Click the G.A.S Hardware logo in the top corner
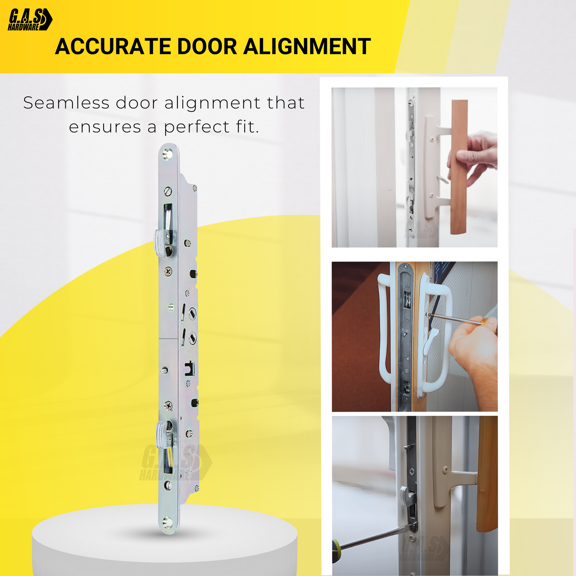point(30,20)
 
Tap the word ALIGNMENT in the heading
point(307,47)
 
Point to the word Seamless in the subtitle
point(66,103)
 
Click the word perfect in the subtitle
point(197,127)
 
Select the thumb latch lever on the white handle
point(431,339)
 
